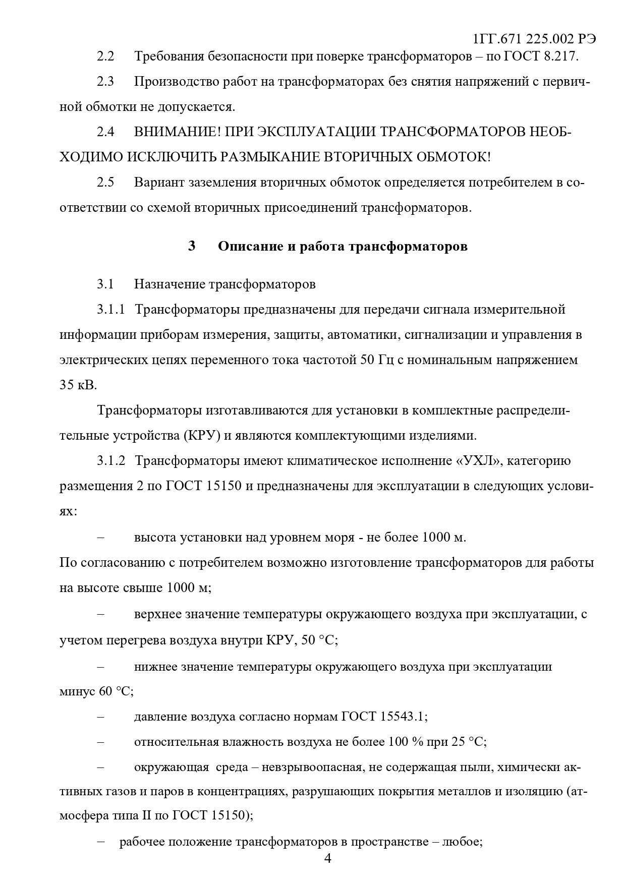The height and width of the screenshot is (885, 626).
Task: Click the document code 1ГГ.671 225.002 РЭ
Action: (x=535, y=39)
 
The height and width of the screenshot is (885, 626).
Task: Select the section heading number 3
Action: (x=192, y=247)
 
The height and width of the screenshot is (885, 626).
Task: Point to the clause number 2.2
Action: (x=105, y=56)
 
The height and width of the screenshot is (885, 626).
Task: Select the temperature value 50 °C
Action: (x=318, y=640)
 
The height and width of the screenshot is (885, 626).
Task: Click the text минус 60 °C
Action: (x=96, y=691)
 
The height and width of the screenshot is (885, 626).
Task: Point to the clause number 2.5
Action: (x=105, y=183)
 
